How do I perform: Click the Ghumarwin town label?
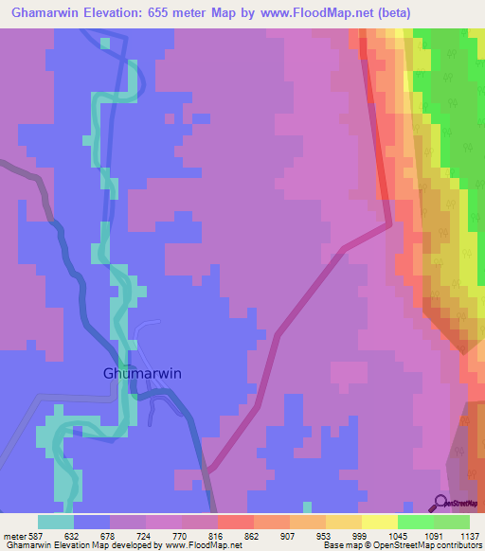[x=141, y=373]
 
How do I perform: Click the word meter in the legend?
[x=16, y=536]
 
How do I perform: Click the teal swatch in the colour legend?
[x=56, y=522]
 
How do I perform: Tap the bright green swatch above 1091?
[x=416, y=522]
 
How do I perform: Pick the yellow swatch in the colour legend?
[x=380, y=522]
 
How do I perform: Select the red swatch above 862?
[x=236, y=522]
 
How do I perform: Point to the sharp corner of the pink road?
[x=388, y=225]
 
